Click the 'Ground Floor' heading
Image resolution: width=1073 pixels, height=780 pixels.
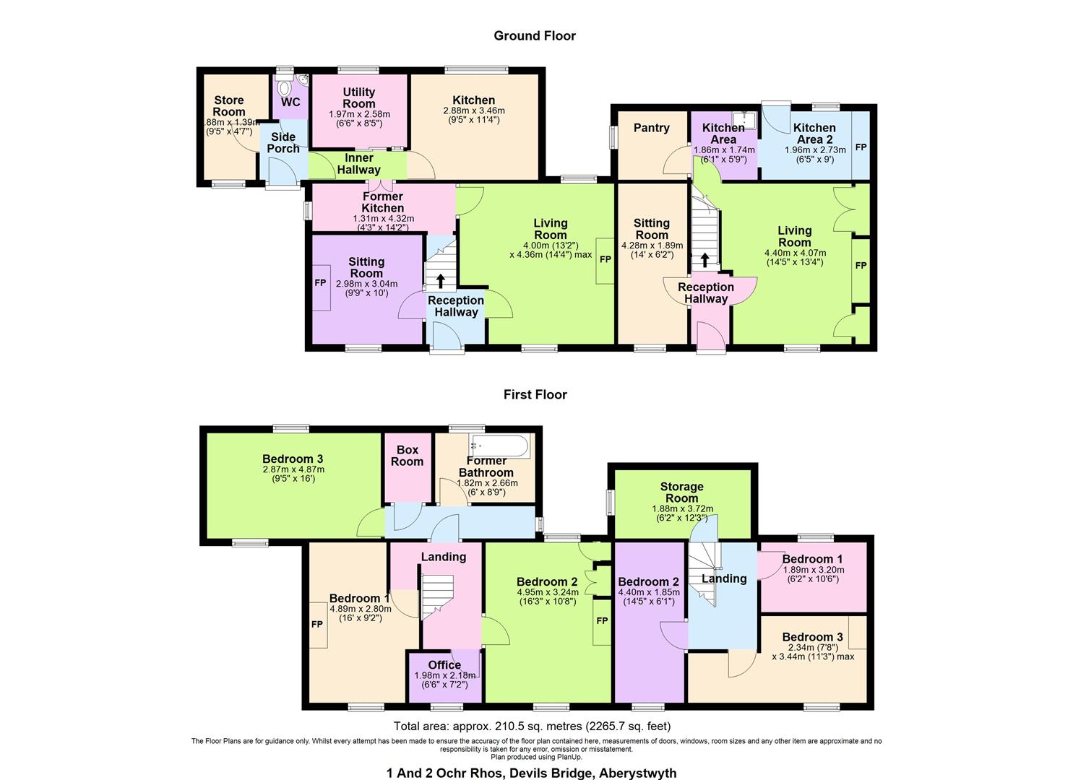[x=535, y=35]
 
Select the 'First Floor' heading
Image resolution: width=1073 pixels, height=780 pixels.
[x=535, y=394]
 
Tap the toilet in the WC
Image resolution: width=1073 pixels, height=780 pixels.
[x=285, y=88]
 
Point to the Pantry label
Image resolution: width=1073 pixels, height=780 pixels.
[x=651, y=128]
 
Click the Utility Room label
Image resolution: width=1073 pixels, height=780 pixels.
[x=359, y=97]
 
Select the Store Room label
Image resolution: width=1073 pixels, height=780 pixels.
[x=229, y=105]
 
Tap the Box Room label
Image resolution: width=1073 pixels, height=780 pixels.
[x=407, y=456]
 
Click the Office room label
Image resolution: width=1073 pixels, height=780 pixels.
[x=444, y=665]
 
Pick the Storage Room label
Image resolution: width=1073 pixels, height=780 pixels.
[x=681, y=492]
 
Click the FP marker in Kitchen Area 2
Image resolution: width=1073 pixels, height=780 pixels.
[x=861, y=147]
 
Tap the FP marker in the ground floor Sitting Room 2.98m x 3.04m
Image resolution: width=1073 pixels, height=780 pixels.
[x=320, y=283]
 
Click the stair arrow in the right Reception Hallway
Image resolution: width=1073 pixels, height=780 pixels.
[x=704, y=259]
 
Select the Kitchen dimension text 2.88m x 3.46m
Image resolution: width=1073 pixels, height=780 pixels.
[x=474, y=111]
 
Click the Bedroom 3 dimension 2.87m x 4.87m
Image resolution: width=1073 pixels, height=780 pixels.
[x=292, y=469]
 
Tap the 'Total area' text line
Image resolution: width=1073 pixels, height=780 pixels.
[x=533, y=726]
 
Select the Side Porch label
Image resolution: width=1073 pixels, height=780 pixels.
[x=283, y=142]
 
